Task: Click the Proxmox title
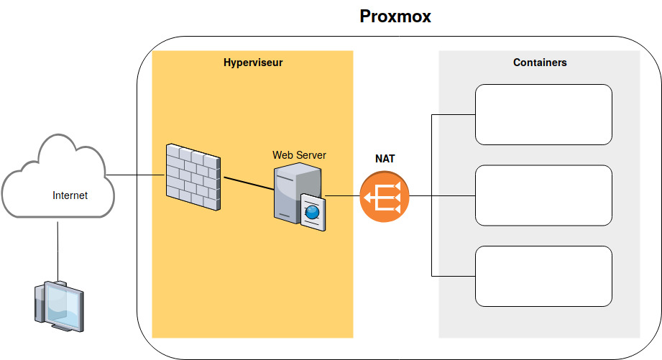(395, 17)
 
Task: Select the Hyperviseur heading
(253, 63)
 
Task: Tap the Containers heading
(540, 63)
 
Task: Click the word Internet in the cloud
(70, 195)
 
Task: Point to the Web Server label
(300, 154)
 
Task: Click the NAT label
(385, 158)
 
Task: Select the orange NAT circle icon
(384, 196)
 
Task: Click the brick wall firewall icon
(193, 176)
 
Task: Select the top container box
(543, 114)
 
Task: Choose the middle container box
(543, 195)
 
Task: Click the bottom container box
(543, 276)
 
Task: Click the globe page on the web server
(313, 211)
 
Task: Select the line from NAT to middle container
(441, 195)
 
